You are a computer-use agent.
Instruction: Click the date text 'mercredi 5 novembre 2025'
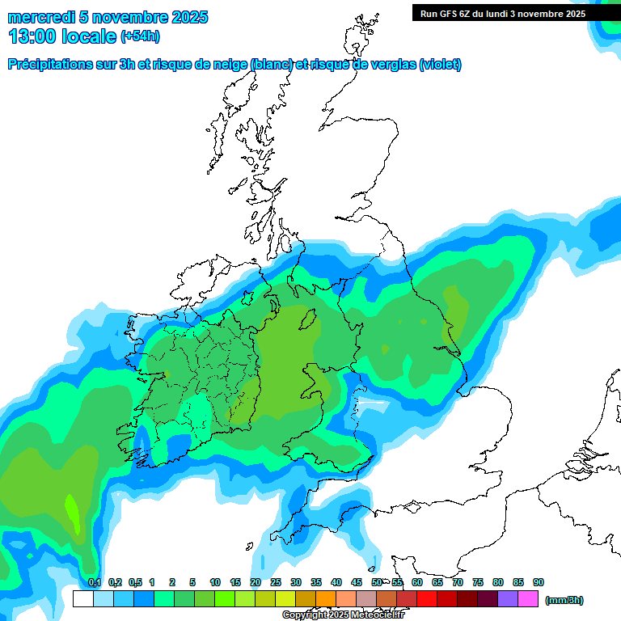click(x=108, y=17)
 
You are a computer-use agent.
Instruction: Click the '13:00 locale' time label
click(x=62, y=36)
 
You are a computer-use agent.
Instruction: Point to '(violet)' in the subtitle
click(x=441, y=65)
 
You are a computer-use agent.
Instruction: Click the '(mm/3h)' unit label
click(x=564, y=600)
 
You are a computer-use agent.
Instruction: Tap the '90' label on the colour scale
click(x=539, y=582)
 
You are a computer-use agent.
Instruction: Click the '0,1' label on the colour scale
click(x=94, y=582)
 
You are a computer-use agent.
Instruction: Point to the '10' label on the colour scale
click(x=215, y=582)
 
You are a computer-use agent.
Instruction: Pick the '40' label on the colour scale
click(x=336, y=582)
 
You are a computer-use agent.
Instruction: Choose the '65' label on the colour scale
click(x=437, y=582)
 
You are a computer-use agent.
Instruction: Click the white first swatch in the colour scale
click(x=82, y=599)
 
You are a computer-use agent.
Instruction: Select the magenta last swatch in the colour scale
click(x=528, y=599)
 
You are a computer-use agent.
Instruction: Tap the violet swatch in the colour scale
click(x=508, y=599)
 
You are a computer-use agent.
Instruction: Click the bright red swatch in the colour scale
click(x=427, y=599)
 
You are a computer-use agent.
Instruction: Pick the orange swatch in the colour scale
click(x=326, y=599)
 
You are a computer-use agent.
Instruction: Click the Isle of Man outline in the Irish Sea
click(x=307, y=320)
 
